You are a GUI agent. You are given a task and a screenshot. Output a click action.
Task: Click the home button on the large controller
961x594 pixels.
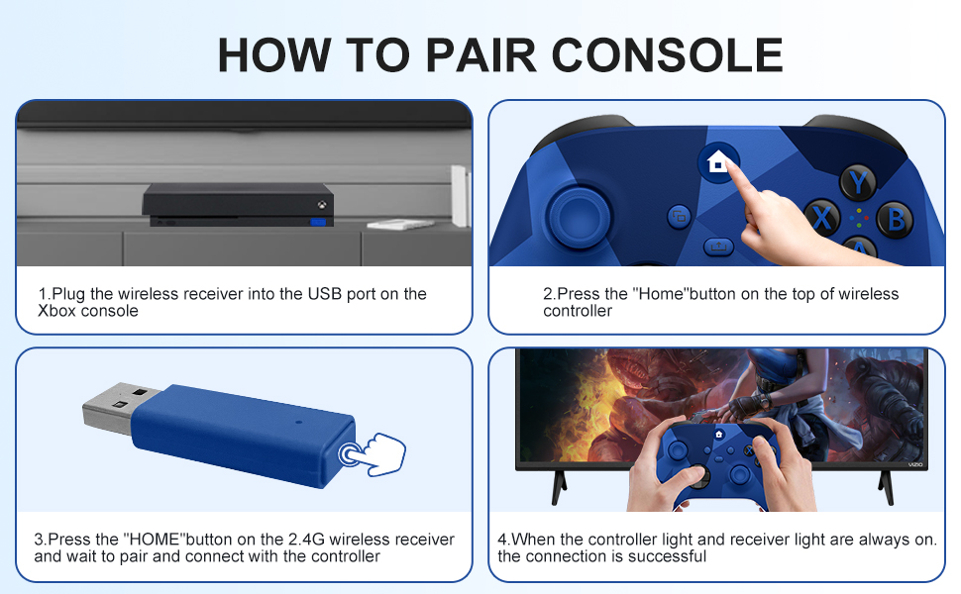pos(717,161)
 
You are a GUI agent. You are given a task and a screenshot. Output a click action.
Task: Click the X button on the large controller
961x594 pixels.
pos(823,216)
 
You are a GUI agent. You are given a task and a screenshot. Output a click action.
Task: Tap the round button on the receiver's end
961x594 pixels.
pos(352,454)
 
